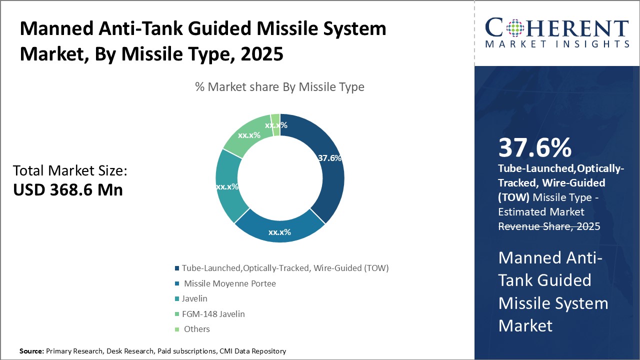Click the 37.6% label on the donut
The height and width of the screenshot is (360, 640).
point(329,158)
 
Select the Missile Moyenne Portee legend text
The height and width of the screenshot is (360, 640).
point(229,283)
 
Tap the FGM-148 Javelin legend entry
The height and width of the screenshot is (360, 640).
point(213,314)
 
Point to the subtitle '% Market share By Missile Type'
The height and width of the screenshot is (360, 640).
point(279,87)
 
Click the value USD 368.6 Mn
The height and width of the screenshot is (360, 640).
point(68,189)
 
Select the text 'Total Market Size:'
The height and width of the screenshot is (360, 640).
point(70,171)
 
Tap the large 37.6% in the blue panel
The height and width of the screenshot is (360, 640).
point(534,148)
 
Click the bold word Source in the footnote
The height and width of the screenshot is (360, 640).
point(31,351)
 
